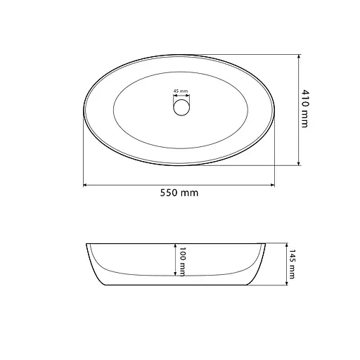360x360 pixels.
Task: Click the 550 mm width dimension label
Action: tap(179, 193)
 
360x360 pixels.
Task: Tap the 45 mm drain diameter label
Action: tap(180, 91)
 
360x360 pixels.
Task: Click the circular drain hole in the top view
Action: tap(180, 107)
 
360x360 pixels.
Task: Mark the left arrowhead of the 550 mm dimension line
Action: tap(86, 185)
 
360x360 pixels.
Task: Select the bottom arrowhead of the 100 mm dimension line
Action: tap(175, 275)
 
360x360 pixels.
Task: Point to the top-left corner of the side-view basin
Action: tap(86, 243)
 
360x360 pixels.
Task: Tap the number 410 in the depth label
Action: tap(305, 98)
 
